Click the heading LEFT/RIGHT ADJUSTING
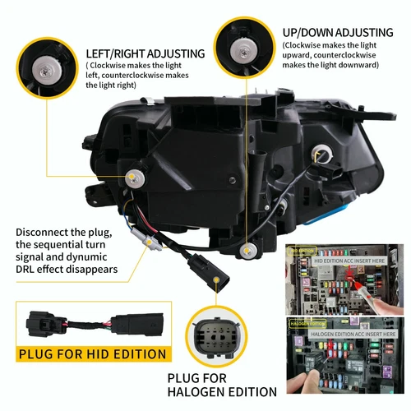pos(145,54)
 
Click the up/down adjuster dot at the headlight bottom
pos(247,248)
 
